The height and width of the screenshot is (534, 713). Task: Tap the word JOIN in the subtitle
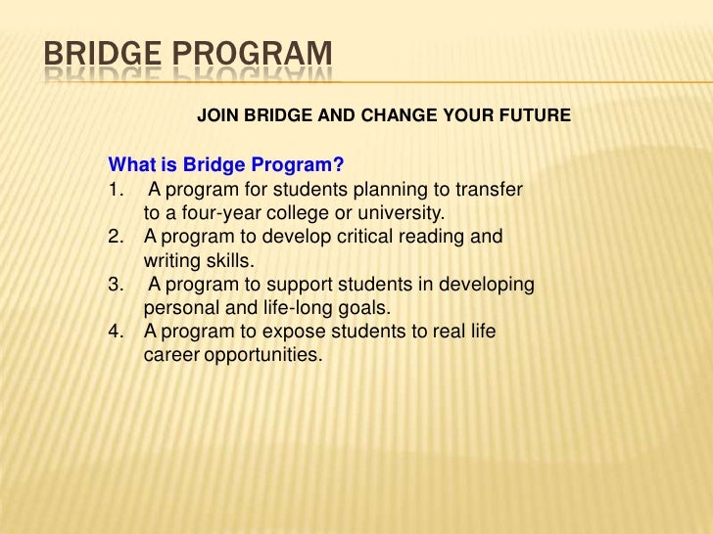click(x=217, y=116)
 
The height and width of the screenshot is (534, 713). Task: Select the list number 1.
click(x=115, y=188)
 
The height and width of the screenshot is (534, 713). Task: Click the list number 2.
click(x=115, y=237)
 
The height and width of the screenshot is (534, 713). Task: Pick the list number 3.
click(x=115, y=285)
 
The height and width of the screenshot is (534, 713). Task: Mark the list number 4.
click(x=115, y=333)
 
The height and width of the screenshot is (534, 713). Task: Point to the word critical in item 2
click(x=356, y=237)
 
